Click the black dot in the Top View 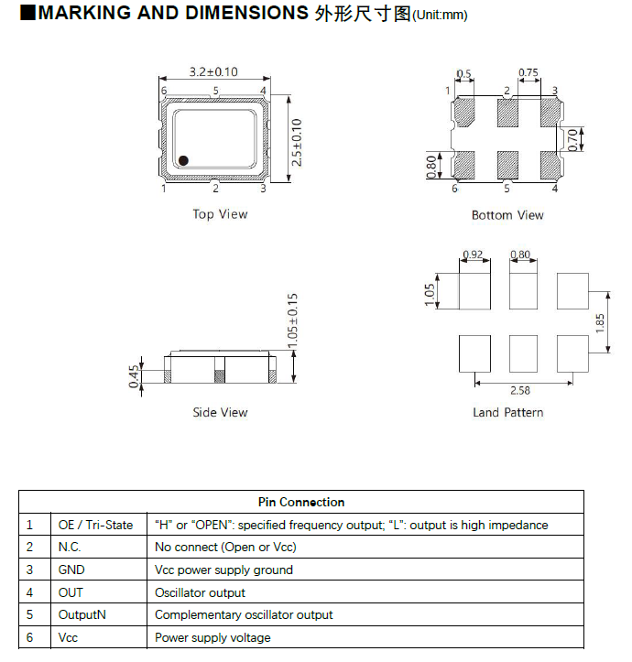coord(183,160)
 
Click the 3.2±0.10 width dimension coord(213,71)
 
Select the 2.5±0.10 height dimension coord(296,142)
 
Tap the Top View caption coord(220,214)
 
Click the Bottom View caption coord(507,215)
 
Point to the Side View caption coord(220,412)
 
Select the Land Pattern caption coord(507,412)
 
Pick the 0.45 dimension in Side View coord(134,377)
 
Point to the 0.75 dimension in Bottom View coord(528,72)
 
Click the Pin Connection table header coord(301,502)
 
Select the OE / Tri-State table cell coord(96,525)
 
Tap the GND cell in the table coord(71,570)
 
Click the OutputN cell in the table coord(82,614)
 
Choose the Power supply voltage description coord(212,637)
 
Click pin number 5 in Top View coord(216,91)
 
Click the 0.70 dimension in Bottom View coord(573,139)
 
